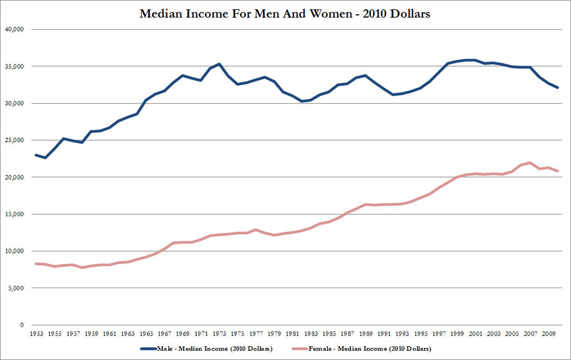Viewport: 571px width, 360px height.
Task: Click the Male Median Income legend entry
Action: tap(212, 348)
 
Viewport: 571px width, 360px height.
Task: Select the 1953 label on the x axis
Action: tap(37, 334)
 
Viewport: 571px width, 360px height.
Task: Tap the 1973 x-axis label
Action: tap(219, 334)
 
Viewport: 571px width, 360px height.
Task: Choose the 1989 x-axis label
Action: tap(365, 334)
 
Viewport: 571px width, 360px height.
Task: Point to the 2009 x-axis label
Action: tap(548, 334)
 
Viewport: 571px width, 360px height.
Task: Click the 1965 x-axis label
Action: tap(146, 334)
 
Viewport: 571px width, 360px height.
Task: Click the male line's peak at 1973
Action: tap(219, 64)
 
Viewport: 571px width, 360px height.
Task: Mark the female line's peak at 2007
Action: tap(530, 163)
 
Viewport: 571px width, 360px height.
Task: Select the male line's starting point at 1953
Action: tap(37, 155)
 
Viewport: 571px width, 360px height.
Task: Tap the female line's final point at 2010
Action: tap(557, 171)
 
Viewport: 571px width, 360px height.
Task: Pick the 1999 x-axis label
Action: tap(456, 334)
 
